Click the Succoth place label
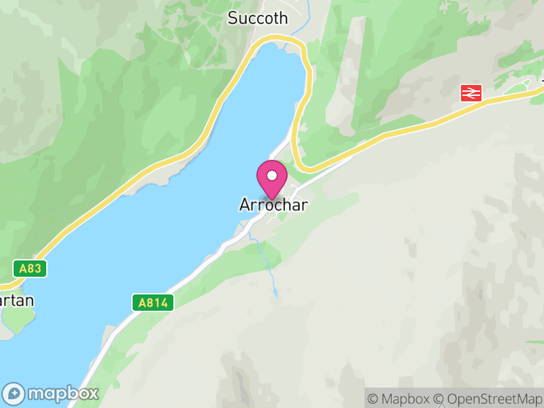[x=258, y=18]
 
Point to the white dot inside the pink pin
[x=272, y=175]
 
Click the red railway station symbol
[x=471, y=93]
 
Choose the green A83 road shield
[x=30, y=268]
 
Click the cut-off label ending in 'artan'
[x=16, y=301]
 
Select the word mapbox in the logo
[x=63, y=393]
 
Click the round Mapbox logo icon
[x=15, y=393]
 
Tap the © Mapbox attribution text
[x=399, y=398]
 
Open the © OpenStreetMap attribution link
[x=488, y=398]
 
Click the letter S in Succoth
[x=233, y=18]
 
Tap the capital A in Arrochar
[x=244, y=205]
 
